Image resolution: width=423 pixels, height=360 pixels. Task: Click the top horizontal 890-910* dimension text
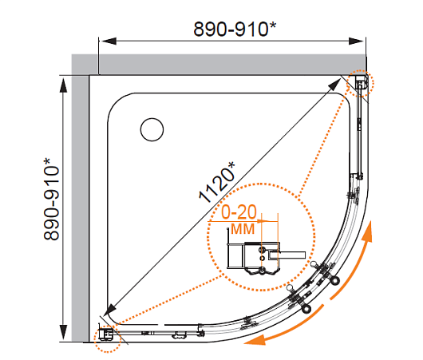point(235,30)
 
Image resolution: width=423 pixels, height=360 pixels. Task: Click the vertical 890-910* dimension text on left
point(51,200)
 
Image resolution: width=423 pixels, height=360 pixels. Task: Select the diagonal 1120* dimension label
point(217,182)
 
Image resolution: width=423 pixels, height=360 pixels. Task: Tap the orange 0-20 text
point(239,212)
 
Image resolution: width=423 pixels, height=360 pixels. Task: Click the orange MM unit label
point(243,229)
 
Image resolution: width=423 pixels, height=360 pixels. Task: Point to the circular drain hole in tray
point(152,129)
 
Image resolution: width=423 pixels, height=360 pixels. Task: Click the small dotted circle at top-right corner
point(360,83)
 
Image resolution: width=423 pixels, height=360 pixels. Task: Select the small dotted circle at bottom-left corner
point(107,338)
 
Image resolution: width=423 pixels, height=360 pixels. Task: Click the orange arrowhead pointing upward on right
point(368,231)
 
